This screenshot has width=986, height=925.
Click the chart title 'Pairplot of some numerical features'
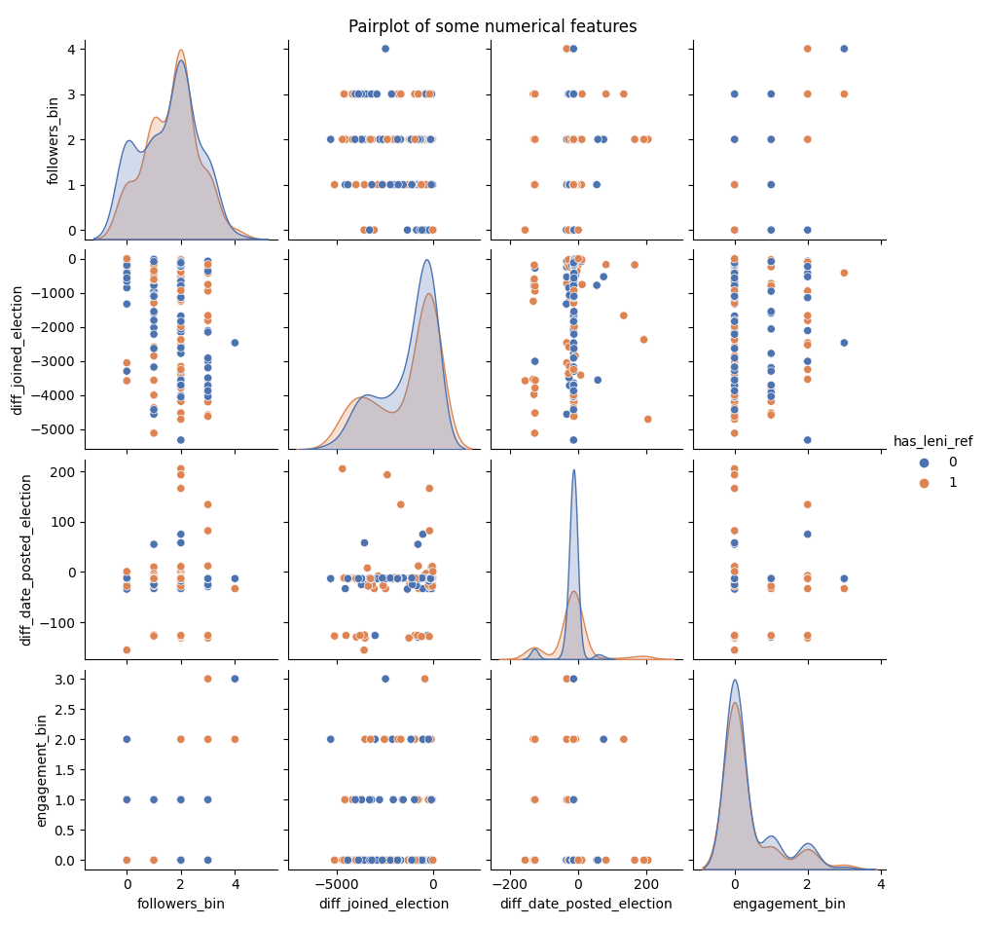(493, 26)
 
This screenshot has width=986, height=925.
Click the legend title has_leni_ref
(932, 441)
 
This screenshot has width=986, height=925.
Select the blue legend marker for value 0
(924, 462)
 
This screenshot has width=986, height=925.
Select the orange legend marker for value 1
(924, 482)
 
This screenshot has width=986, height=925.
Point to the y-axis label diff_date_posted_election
(27, 559)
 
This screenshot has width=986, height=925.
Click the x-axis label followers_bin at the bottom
(181, 904)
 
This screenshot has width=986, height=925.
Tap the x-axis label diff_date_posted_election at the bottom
(586, 904)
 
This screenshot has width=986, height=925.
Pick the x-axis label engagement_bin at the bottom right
(788, 904)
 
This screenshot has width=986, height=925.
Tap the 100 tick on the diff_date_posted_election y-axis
(62, 521)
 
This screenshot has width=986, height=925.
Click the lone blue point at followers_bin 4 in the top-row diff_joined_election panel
(385, 49)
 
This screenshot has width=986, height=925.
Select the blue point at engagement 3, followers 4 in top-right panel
(844, 49)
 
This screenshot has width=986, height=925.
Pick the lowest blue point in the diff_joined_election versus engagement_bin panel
(807, 440)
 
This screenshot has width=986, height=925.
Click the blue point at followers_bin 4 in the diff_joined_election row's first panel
(235, 343)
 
